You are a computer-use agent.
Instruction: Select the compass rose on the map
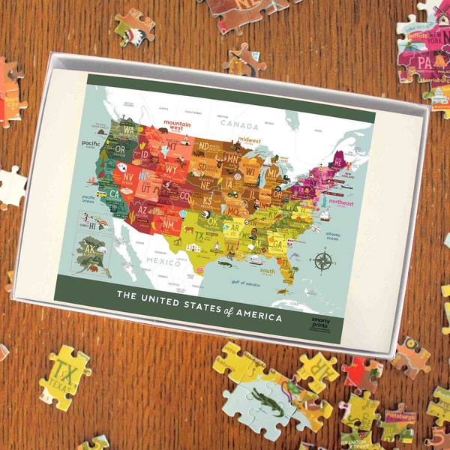pos(323,262)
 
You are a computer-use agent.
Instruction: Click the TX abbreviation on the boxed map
pos(199,234)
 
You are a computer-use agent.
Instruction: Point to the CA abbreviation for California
pos(115,193)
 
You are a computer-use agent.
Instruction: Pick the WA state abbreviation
pos(129,130)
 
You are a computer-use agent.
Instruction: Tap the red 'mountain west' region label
pos(178,124)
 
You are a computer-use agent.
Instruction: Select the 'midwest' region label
pos(250,139)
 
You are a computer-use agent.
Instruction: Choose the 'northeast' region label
pos(340,202)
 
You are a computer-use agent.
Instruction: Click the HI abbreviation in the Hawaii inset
pos(94,225)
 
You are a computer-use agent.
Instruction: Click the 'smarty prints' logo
pos(319,320)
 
